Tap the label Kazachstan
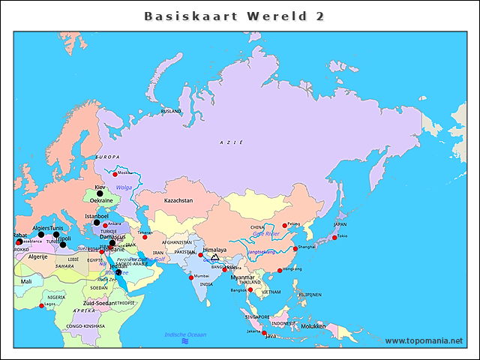click(x=179, y=201)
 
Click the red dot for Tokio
click(x=334, y=238)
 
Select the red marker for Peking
click(x=284, y=225)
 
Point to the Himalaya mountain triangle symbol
click(x=215, y=257)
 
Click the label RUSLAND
click(x=171, y=111)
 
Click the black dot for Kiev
click(x=100, y=193)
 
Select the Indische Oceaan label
click(x=184, y=334)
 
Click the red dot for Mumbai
click(x=190, y=277)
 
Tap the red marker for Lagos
click(x=42, y=304)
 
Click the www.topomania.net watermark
click(x=424, y=340)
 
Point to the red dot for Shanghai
click(x=295, y=247)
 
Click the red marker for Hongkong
click(x=280, y=270)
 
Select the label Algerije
click(x=37, y=256)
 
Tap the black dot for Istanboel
click(x=96, y=222)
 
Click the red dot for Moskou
click(x=115, y=173)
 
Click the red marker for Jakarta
click(x=263, y=332)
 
